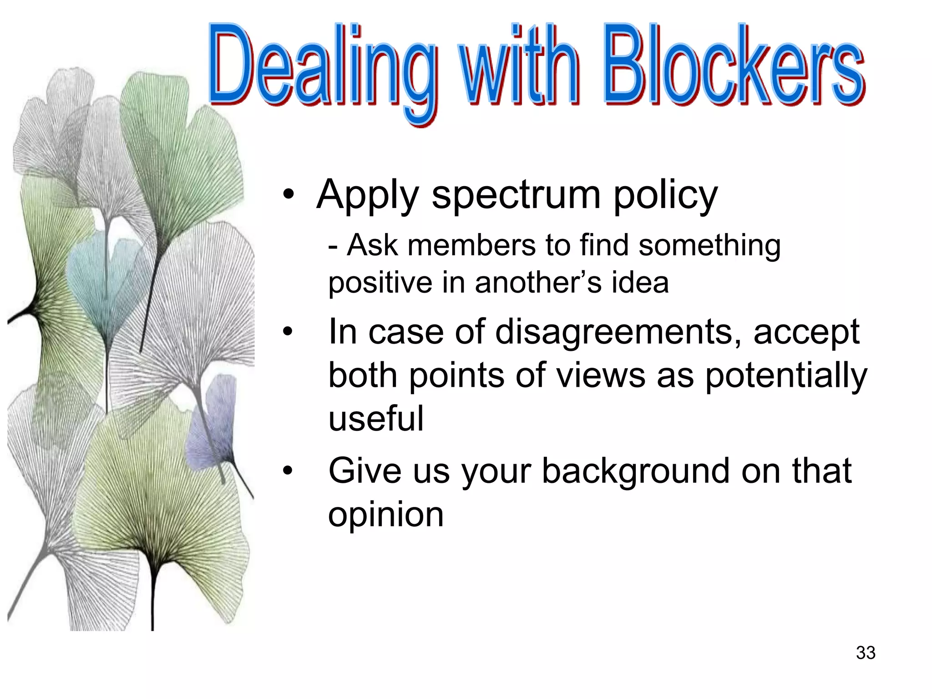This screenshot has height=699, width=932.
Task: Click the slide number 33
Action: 866,653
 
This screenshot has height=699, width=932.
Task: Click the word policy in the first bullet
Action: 665,196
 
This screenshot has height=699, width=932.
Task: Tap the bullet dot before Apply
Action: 288,196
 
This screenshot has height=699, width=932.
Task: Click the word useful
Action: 376,419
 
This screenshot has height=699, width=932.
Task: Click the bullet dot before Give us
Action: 288,471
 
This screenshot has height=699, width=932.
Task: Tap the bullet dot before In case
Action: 288,332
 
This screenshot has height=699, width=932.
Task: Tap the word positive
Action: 380,283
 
